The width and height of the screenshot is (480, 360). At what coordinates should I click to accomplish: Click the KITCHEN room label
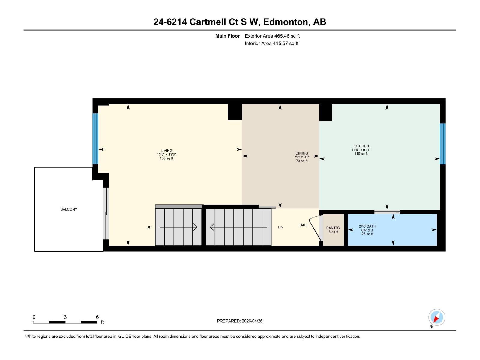click(x=361, y=146)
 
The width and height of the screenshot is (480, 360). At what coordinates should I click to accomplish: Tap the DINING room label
click(x=301, y=153)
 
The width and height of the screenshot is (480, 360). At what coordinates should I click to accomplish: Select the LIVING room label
click(x=166, y=151)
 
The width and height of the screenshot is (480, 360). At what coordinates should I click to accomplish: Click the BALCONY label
click(x=69, y=209)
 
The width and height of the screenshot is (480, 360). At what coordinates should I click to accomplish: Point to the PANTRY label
click(x=333, y=228)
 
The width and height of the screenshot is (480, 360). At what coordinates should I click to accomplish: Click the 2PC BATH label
click(x=367, y=226)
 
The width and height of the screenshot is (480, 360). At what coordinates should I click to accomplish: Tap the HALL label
click(x=304, y=225)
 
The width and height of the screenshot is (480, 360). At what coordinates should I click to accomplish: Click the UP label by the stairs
click(x=149, y=227)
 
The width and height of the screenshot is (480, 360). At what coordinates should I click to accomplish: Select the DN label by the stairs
click(x=280, y=227)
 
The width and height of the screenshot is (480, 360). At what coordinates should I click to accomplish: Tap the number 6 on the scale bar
click(x=97, y=317)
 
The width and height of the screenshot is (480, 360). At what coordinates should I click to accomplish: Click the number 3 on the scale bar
click(x=65, y=317)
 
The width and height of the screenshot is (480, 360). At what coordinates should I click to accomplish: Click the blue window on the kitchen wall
click(x=442, y=144)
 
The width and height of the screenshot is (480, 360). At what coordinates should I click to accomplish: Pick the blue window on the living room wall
click(x=95, y=139)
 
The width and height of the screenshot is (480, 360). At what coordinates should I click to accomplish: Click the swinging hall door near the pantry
click(x=315, y=228)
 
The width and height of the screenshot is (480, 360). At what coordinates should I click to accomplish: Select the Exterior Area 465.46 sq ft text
click(x=272, y=36)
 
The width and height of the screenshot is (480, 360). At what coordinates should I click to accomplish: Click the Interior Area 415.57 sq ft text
click(x=271, y=43)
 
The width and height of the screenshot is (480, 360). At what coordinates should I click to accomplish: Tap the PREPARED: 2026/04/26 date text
click(x=240, y=321)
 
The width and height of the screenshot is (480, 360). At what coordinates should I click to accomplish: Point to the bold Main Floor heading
click(x=227, y=36)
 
